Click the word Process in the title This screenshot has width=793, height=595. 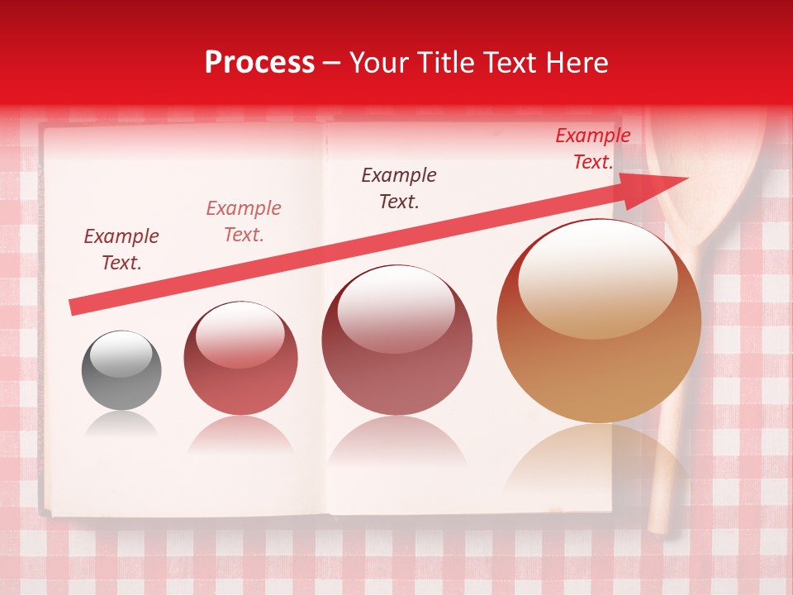pos(259,63)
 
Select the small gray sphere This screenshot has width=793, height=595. pos(121,370)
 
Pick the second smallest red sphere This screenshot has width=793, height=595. pos(240,359)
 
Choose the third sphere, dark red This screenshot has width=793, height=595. pos(396,340)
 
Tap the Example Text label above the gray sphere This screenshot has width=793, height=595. pos(121,250)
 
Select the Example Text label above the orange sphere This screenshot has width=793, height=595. pos(593,149)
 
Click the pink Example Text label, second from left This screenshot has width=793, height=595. pos(244,221)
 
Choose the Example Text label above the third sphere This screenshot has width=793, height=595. pos(399,188)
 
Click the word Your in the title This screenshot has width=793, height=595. pos(377,63)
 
